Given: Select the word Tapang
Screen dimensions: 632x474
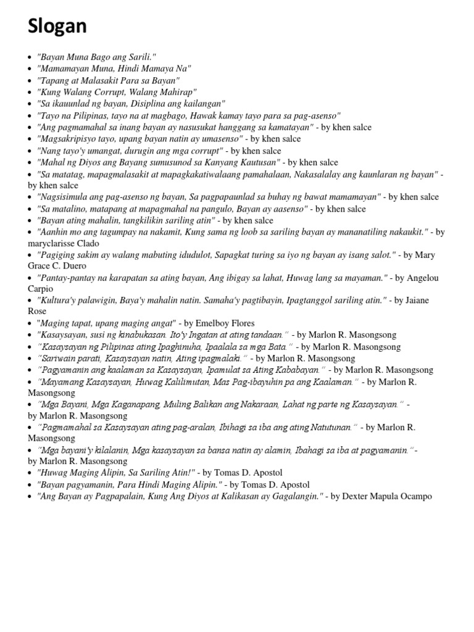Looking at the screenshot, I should (54, 80).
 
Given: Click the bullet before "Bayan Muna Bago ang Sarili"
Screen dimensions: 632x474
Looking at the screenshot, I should (30, 57).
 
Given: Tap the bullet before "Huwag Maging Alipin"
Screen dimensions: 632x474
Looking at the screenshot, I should (30, 473).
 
